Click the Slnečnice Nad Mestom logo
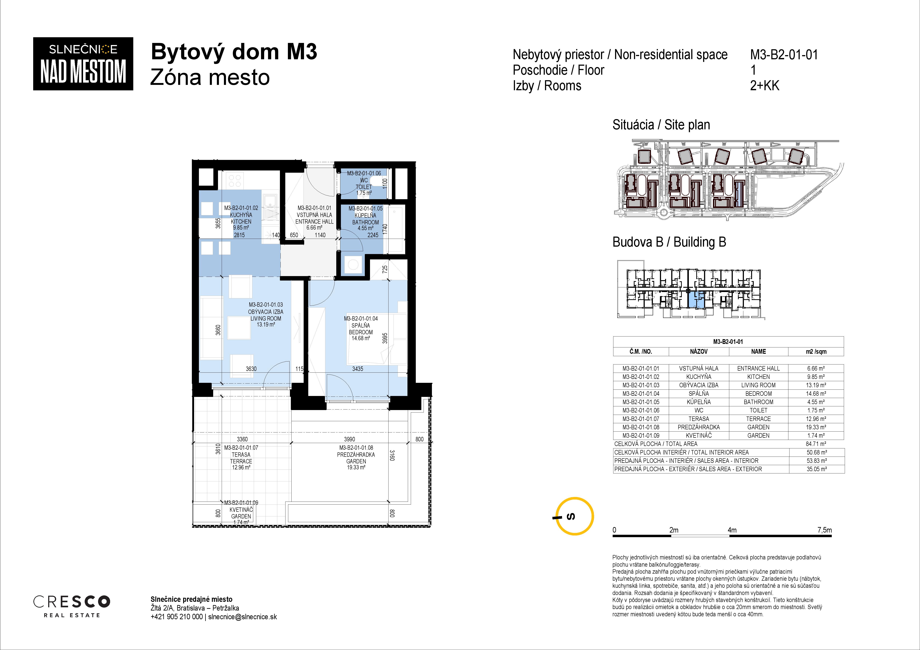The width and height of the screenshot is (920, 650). tap(83, 64)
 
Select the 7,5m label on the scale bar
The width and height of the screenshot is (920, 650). tap(824, 530)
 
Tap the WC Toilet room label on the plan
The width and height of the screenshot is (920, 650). tap(364, 183)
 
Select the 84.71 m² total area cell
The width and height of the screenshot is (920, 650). tap(816, 444)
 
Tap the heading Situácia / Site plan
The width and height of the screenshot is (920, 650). tap(661, 125)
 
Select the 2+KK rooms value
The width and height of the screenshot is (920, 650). tap(764, 86)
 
